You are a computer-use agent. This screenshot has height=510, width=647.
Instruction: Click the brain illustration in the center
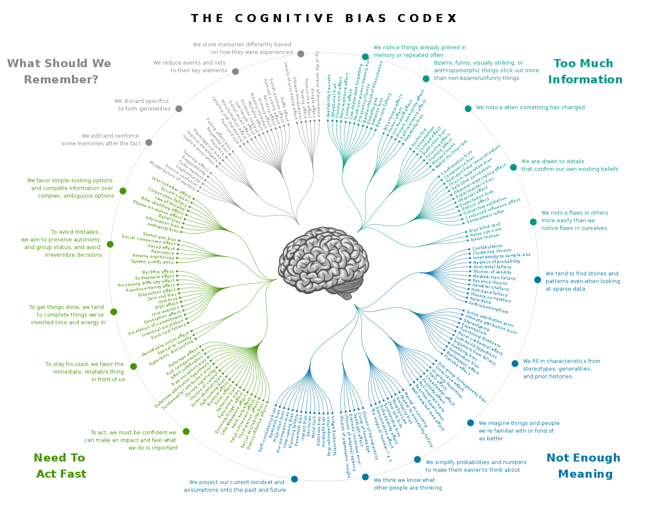tap(323, 263)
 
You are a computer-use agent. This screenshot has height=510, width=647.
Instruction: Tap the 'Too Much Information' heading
tap(585, 71)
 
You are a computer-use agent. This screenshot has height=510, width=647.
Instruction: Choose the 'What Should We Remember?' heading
tap(60, 71)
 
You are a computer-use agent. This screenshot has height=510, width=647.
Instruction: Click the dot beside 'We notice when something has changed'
tap(468, 108)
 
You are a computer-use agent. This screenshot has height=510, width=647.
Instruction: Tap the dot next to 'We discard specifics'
tap(179, 108)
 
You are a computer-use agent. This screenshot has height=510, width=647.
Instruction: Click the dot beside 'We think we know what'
tap(365, 477)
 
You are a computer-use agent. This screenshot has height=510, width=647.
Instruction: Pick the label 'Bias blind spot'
tap(485, 228)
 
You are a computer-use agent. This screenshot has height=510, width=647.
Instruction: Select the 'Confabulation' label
tap(487, 247)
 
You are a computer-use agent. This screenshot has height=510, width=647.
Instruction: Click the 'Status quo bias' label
tap(159, 237)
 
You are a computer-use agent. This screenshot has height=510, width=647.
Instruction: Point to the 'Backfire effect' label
tap(158, 272)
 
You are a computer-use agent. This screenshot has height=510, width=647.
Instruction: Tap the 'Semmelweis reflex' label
tap(485, 216)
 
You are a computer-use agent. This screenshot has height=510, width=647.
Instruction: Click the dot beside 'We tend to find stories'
tap(538, 280)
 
